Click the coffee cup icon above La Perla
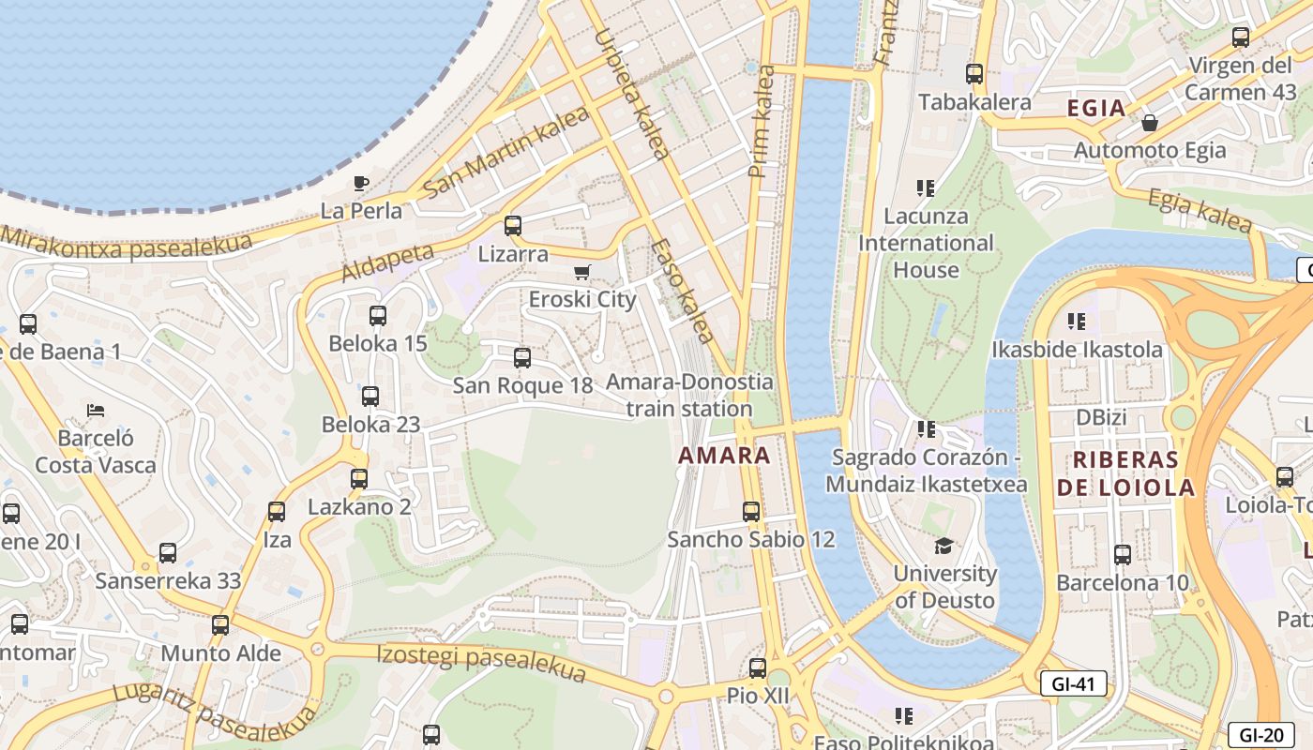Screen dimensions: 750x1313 point(361,183)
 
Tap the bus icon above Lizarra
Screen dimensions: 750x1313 point(512,226)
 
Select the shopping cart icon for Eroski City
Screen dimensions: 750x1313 point(582,272)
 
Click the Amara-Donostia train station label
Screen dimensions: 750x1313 point(689,395)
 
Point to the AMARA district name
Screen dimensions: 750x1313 point(724,457)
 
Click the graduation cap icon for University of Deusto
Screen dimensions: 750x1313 point(943,546)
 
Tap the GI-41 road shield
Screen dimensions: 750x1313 point(1073,684)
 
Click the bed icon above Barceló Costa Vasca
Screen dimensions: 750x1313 point(95,411)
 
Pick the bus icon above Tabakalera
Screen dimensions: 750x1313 point(974,74)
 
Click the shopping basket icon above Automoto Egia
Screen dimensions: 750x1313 point(1149,123)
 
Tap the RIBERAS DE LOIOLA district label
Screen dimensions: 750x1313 point(1125,473)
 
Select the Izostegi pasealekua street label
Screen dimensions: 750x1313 point(481,663)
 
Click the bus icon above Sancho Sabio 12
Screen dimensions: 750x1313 point(751,512)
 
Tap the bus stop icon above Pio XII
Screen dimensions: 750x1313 point(758,668)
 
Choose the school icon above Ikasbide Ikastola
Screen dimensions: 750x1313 point(1077,322)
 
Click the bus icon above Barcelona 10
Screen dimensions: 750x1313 point(1122,554)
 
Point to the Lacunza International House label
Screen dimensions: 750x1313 point(926,243)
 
